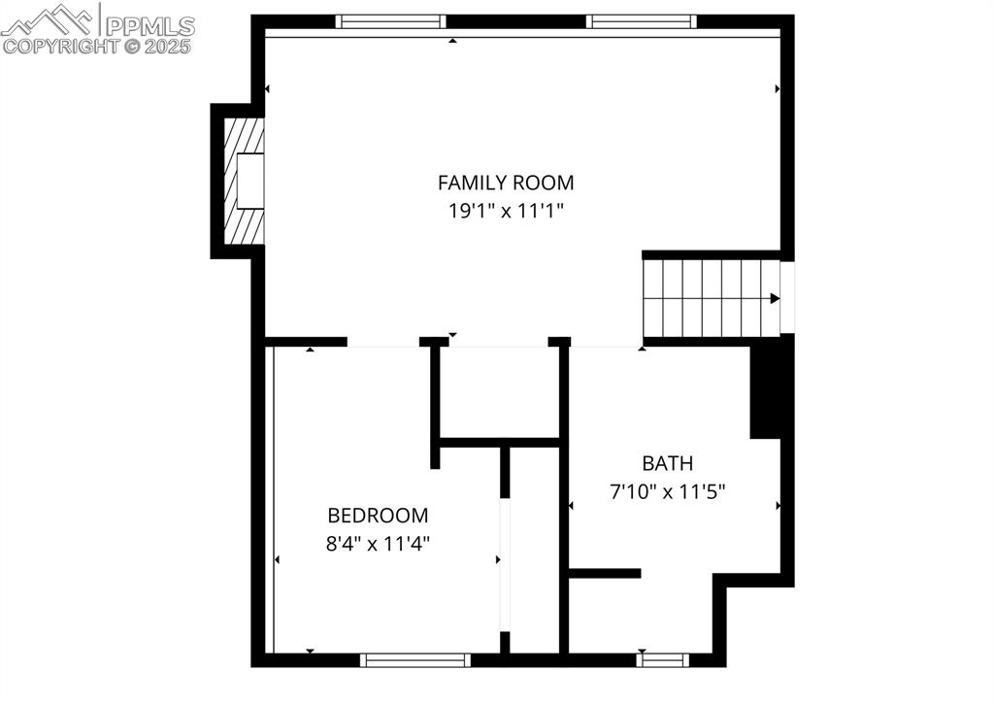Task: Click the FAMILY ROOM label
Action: click(505, 182)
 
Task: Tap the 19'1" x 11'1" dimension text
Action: click(505, 210)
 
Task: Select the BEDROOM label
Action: click(378, 516)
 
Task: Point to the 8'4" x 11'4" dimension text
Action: click(378, 543)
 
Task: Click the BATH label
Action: click(667, 463)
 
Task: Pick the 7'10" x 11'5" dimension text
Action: click(667, 491)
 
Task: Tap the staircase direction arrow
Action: click(775, 298)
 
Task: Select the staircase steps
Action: click(704, 297)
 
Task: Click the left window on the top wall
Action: click(390, 21)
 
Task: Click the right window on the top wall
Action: click(642, 21)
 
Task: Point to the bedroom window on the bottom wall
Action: click(414, 660)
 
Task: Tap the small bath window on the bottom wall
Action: click(663, 660)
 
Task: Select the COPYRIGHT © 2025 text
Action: click(97, 46)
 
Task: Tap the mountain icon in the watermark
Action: click(49, 19)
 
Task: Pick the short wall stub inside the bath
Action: click(604, 573)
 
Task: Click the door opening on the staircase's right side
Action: click(787, 297)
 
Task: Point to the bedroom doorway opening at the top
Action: click(382, 342)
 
